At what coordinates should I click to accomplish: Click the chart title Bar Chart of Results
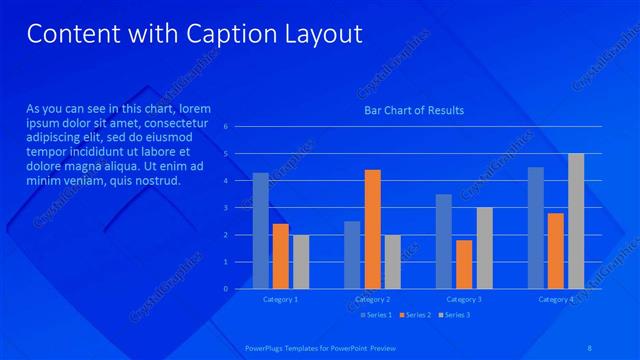point(414,110)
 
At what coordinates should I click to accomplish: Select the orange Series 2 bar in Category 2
point(372,229)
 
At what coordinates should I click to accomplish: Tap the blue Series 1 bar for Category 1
point(260,230)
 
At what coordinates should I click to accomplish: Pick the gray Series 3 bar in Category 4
point(576,221)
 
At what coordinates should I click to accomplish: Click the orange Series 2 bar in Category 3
point(464,264)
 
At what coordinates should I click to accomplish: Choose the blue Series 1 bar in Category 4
point(536,227)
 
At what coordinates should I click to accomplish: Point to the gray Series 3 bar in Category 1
point(301,261)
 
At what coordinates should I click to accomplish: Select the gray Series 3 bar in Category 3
point(484,248)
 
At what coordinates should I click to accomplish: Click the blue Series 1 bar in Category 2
point(352,254)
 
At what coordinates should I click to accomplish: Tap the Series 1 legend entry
point(375,315)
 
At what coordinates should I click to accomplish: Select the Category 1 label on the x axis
point(280,299)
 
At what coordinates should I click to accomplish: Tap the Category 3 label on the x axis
point(464,299)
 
